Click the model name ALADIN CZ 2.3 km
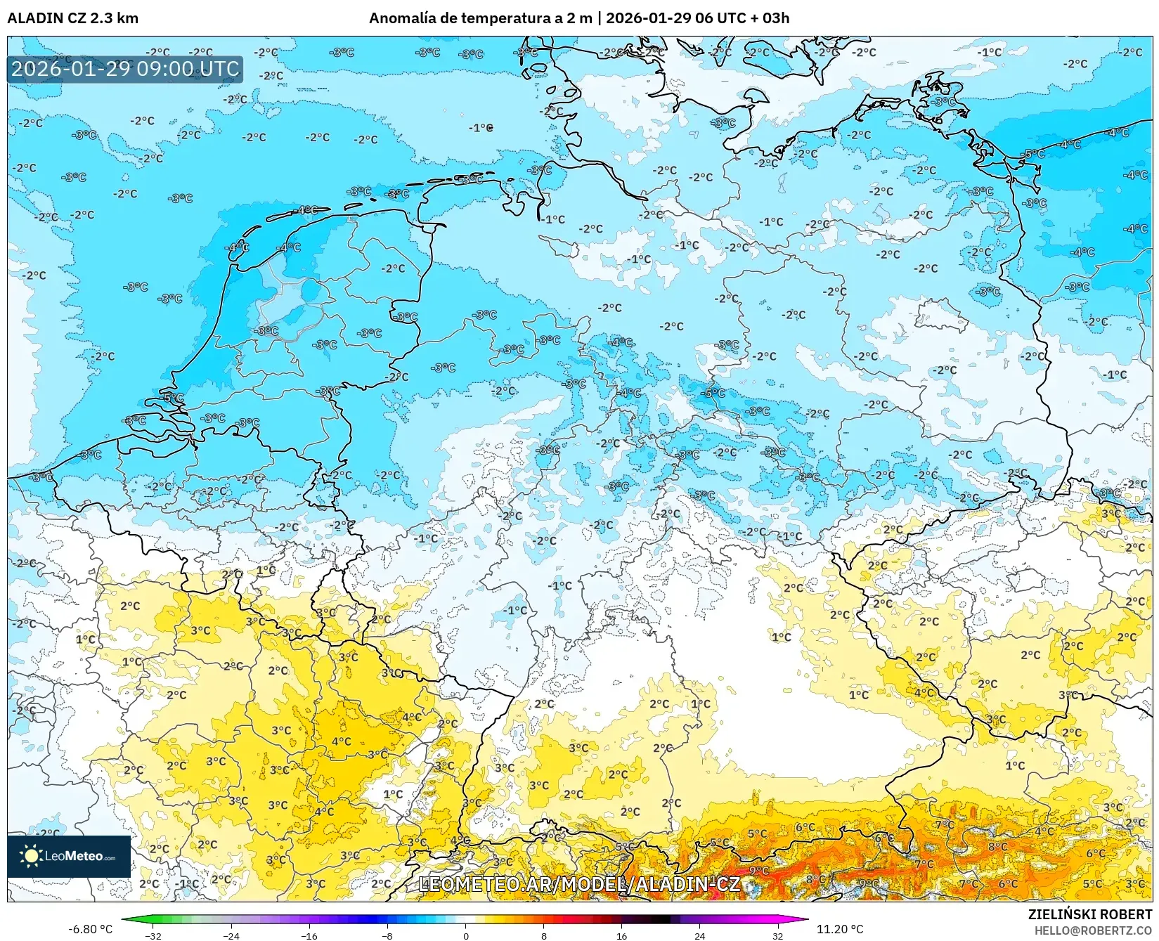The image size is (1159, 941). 72,18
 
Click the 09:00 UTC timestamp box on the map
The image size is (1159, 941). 125,69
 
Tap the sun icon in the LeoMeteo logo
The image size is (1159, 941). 31,855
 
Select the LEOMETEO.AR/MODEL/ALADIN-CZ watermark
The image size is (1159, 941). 578,884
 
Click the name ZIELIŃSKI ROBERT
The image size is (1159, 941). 1089,914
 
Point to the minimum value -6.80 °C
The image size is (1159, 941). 90,929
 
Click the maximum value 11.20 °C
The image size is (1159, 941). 839,929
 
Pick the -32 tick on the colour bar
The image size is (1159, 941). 153,935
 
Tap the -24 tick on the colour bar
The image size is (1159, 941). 231,935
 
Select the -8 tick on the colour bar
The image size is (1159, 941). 387,935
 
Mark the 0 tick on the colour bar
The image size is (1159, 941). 465,935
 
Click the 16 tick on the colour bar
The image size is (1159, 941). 621,935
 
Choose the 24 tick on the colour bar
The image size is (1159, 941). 699,935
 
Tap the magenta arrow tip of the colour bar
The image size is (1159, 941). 805,919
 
